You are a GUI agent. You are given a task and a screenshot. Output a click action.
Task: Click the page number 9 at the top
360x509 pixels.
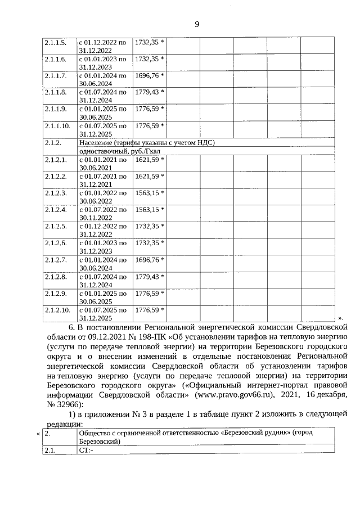tap(197, 24)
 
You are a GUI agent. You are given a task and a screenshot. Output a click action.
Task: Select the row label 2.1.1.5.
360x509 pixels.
tap(56, 42)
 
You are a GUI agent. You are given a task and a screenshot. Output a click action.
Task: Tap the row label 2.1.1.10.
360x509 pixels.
tap(57, 125)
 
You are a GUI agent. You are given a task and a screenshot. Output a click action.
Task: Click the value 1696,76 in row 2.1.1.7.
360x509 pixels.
tap(149, 75)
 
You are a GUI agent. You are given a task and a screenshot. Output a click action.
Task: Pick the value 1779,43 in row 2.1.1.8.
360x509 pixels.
tap(149, 92)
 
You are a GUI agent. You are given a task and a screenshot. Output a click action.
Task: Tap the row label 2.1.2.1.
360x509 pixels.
tap(56, 160)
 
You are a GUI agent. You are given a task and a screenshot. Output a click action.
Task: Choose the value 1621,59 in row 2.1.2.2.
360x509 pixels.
tap(149, 177)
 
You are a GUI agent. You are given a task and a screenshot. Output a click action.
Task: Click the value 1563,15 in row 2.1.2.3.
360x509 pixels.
tap(149, 193)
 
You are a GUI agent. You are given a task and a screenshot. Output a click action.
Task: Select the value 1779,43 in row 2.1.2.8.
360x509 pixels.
tap(149, 277)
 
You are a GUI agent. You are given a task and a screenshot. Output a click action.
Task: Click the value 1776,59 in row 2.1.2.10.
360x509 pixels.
tap(149, 310)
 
